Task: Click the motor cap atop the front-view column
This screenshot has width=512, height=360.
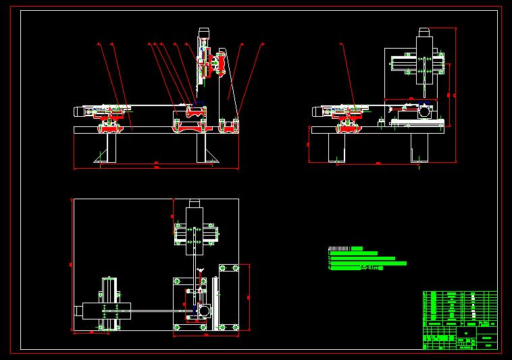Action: coord(203,32)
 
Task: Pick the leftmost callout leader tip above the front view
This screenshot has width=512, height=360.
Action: coord(99,45)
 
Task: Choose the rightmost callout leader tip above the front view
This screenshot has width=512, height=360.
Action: coord(262,45)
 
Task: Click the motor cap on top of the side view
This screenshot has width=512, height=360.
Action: coord(424,32)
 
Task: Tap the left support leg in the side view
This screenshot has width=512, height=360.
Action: coord(336,148)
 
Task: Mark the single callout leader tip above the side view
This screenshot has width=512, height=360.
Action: coord(341,45)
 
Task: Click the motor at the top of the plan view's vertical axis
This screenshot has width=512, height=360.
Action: coord(195,203)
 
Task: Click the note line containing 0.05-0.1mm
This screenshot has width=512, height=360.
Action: coord(356,268)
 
